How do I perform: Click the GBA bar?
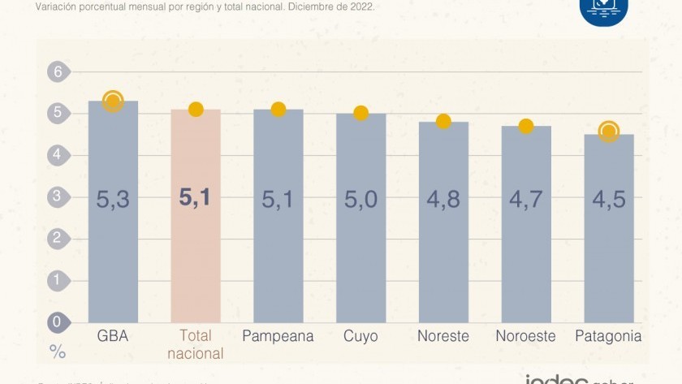[113, 244]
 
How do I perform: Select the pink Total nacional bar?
[196, 244]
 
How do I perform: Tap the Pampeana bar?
[278, 244]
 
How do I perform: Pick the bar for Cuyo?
[360, 244]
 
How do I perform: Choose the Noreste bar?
[443, 244]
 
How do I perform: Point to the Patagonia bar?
[608, 244]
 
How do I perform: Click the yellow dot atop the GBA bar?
[113, 101]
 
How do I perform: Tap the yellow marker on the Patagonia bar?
[608, 131]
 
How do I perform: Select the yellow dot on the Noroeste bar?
[526, 126]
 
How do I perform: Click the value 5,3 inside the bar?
[113, 199]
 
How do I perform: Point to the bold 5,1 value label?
[196, 197]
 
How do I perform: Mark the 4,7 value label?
[526, 199]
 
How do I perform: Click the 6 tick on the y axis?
[58, 71]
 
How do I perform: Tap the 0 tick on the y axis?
[58, 322]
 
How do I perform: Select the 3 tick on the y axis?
[58, 196]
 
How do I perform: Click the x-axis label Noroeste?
[526, 336]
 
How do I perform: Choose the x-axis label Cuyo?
[360, 336]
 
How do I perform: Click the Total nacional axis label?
[196, 344]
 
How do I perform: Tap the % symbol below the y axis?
[58, 352]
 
